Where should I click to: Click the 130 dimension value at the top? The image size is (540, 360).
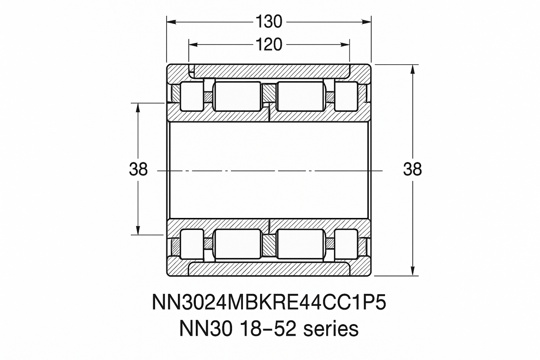click(269, 22)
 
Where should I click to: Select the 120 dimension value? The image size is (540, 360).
click(269, 44)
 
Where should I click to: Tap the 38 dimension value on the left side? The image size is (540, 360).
click(138, 169)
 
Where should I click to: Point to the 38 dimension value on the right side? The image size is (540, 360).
click(412, 169)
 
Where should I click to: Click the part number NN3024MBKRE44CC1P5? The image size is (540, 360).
click(269, 302)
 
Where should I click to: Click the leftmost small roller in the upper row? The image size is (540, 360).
click(192, 96)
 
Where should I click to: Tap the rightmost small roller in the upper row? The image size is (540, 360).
click(346, 96)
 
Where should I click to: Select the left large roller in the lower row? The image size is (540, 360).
click(237, 244)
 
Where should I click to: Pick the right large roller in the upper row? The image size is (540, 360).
click(300, 96)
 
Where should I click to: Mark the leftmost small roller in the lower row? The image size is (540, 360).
click(192, 244)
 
